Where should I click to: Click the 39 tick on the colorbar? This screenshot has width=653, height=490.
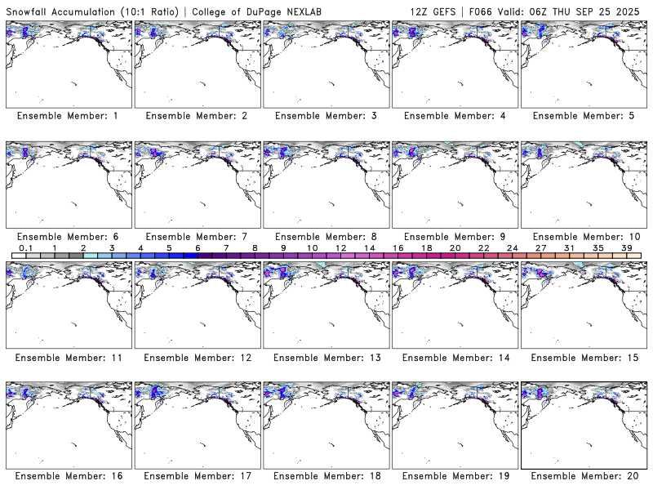626,247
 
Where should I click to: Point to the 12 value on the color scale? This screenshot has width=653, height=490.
340,247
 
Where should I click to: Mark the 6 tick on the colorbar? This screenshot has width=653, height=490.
198,247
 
